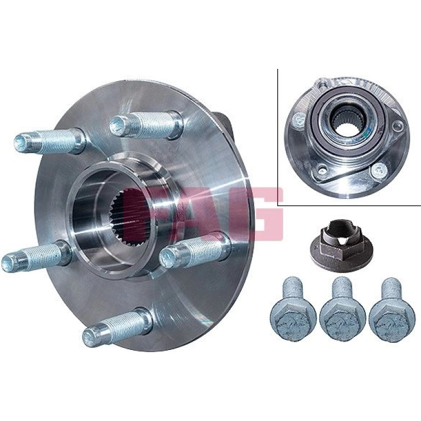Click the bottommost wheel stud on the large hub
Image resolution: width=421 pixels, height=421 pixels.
[x=118, y=326]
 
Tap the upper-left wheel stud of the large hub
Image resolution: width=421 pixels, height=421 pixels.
[x=50, y=141]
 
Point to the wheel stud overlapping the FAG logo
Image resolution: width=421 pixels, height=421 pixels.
[x=195, y=250]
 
